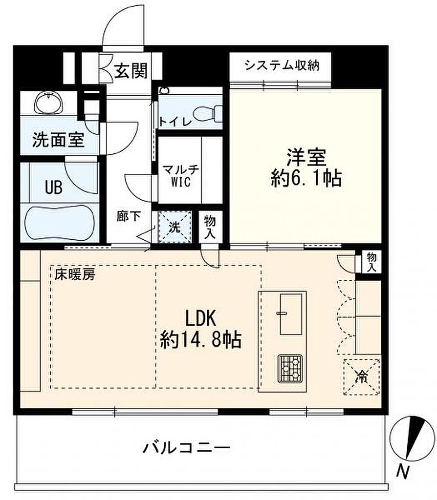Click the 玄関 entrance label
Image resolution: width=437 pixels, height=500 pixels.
[131, 70]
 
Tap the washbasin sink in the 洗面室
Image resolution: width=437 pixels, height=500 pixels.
[48, 103]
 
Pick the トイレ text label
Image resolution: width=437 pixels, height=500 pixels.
[175, 122]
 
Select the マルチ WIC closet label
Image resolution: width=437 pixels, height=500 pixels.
[181, 175]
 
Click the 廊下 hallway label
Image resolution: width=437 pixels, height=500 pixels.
[129, 216]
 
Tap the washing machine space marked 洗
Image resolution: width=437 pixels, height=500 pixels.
[175, 227]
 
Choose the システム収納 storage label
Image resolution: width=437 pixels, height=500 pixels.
[282, 65]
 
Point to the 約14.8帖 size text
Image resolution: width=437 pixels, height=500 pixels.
[200, 339]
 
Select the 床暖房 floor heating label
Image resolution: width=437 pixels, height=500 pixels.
[75, 274]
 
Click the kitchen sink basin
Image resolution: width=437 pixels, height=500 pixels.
[291, 314]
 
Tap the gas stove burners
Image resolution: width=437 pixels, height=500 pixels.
[290, 368]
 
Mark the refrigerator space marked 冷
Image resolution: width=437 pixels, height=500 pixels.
[362, 377]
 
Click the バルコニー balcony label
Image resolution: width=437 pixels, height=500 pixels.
[186, 448]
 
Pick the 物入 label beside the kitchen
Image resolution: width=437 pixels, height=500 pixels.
[371, 262]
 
